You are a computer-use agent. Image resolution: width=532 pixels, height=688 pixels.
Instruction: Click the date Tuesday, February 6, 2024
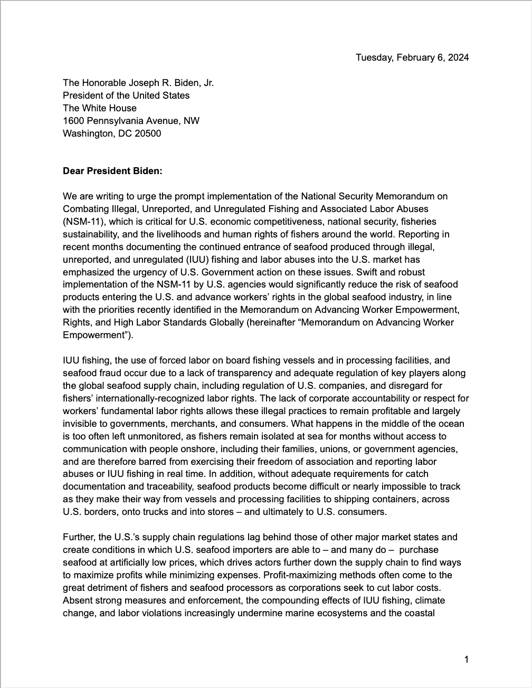point(412,58)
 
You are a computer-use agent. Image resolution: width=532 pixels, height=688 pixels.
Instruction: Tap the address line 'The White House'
point(100,108)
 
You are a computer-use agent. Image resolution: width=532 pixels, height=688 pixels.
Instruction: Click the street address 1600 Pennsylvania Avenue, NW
point(131,121)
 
